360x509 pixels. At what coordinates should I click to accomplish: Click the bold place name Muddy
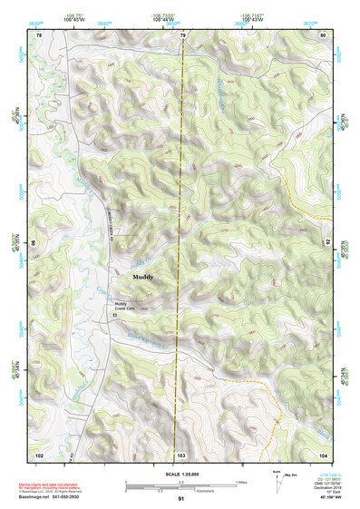(x=143, y=276)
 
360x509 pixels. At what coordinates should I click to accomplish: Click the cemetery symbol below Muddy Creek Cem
(x=115, y=314)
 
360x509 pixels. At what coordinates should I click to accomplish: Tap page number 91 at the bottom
(x=180, y=499)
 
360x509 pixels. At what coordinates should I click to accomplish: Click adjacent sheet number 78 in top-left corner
(x=39, y=34)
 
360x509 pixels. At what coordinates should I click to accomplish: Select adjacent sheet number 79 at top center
(x=182, y=34)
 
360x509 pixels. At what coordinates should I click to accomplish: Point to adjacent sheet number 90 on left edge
(x=34, y=243)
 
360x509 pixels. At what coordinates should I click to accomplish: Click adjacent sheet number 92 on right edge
(x=328, y=243)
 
